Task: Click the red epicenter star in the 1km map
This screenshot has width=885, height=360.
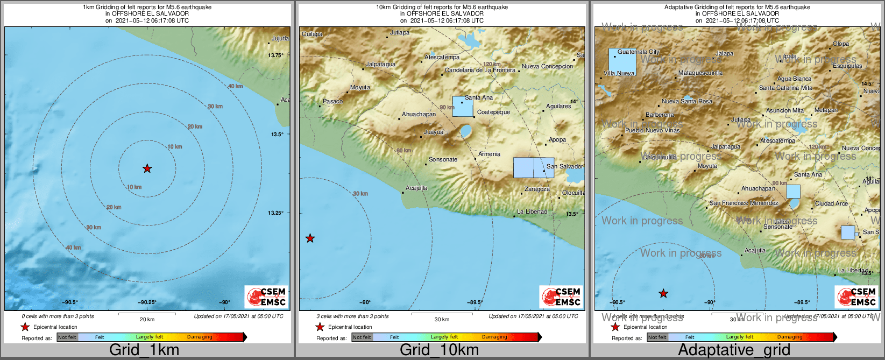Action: click(147, 168)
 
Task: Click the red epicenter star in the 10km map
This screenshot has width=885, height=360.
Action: click(310, 238)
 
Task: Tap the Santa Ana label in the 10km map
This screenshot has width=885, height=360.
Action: click(479, 97)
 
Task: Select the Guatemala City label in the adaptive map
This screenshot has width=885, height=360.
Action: click(638, 52)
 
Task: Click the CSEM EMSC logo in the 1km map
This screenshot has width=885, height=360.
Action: click(266, 297)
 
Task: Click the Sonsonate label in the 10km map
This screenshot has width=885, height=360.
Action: click(443, 159)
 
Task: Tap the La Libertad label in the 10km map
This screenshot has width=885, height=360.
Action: click(532, 211)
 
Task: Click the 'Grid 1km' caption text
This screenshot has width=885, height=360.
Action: click(144, 350)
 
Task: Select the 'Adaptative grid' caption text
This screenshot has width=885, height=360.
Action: click(734, 350)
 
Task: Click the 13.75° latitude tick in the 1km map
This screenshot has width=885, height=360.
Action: click(276, 55)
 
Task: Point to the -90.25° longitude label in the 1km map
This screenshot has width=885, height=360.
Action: click(147, 302)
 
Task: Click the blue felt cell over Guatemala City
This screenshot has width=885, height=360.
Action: click(622, 62)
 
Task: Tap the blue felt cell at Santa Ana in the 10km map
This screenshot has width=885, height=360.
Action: click(462, 107)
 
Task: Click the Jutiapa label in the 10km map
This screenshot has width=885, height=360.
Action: click(400, 33)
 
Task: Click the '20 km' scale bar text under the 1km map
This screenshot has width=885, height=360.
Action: click(147, 320)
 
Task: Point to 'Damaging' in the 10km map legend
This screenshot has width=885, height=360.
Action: click(494, 337)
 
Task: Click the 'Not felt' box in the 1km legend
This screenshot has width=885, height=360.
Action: click(67, 337)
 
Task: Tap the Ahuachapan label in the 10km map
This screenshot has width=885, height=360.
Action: click(419, 114)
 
